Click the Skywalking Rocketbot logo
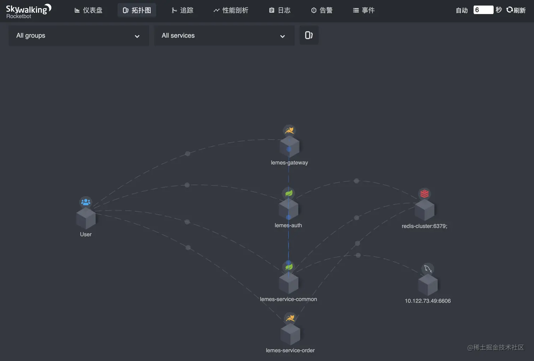coord(28,11)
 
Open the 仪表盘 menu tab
coord(89,10)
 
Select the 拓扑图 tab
coord(137,10)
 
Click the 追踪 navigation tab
coord(183,10)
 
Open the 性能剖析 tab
coord(231,10)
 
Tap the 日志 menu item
coord(280,10)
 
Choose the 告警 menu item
coord(322,10)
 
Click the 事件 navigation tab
coord(364,10)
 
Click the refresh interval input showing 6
coord(483,10)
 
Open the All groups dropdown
coord(78,35)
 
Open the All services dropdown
coord(224,35)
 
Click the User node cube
coord(86,218)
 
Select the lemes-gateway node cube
coord(290,147)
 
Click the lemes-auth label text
coord(288,225)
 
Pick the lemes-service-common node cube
coord(289,283)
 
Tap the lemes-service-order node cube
coord(290,334)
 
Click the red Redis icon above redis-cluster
coord(425,194)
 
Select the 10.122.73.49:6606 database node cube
coord(428,285)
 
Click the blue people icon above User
coord(86,202)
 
